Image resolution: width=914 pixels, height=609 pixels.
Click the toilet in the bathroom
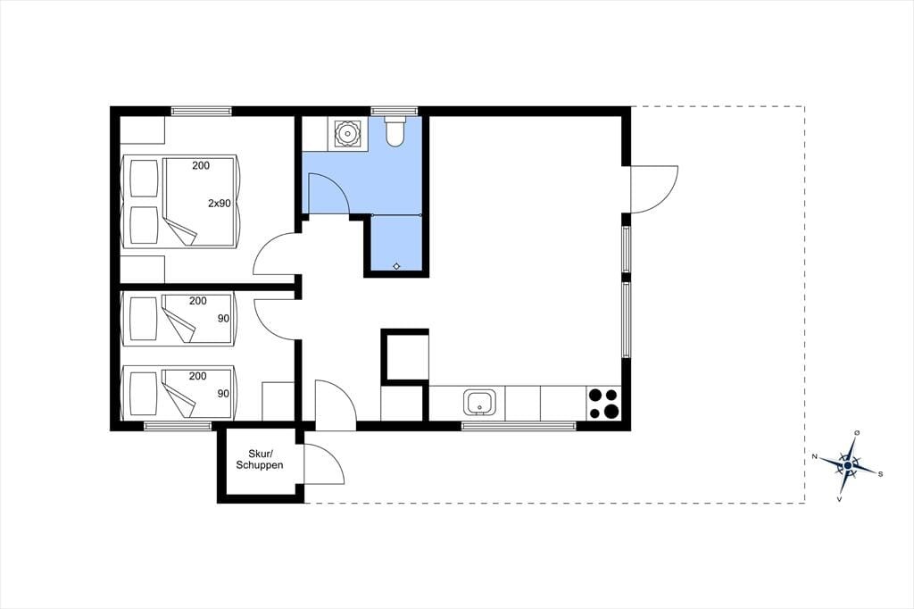click(x=395, y=130)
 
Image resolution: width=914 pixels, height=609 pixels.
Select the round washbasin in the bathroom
click(x=348, y=134)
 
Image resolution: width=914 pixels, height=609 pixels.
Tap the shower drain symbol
click(x=396, y=266)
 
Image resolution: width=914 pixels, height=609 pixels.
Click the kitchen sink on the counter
click(x=479, y=403)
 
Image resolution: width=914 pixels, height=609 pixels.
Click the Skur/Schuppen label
click(x=260, y=459)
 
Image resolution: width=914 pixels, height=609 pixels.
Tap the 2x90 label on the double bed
click(x=220, y=204)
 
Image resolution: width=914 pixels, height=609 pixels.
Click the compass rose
click(x=848, y=465)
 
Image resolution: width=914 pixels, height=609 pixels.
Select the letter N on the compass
click(x=815, y=456)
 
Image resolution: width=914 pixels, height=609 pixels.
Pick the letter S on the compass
click(x=880, y=473)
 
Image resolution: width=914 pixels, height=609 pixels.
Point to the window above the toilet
click(x=395, y=111)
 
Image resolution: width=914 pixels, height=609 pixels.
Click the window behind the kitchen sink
click(x=519, y=426)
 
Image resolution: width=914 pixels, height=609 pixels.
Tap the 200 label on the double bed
click(x=201, y=166)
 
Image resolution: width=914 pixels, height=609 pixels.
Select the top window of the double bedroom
click(x=202, y=111)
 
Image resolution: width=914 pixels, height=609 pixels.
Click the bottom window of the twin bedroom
click(x=178, y=426)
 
